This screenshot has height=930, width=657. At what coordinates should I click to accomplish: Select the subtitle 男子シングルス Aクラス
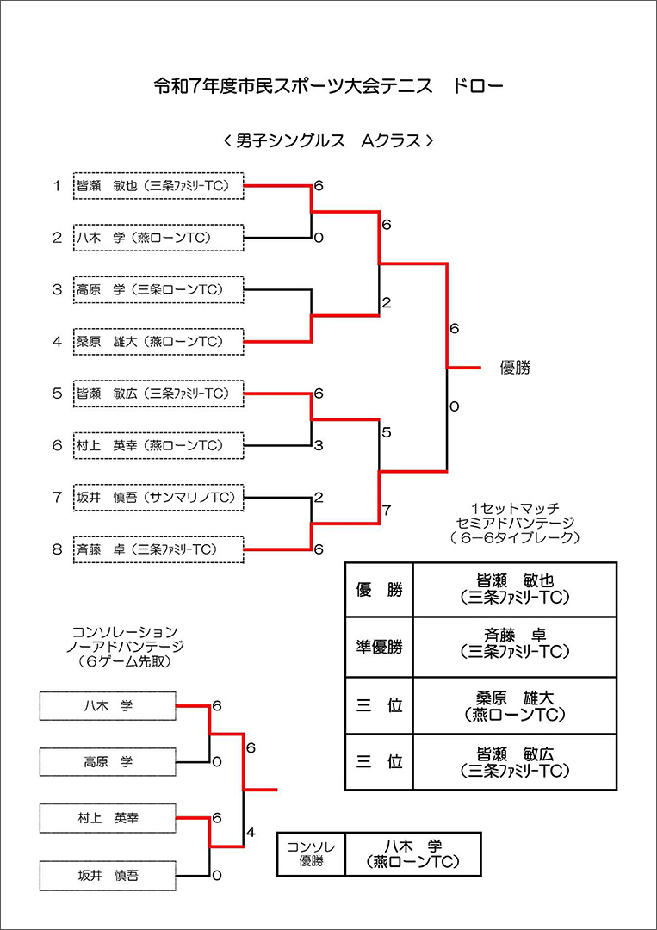click(x=327, y=140)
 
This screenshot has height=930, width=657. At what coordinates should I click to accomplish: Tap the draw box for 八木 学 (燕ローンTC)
click(x=158, y=238)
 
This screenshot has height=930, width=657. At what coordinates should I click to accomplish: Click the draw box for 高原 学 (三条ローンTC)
click(x=158, y=289)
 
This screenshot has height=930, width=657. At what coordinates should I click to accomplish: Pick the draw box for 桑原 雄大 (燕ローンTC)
click(x=158, y=342)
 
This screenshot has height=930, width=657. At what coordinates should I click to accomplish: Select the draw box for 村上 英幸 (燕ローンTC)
click(x=158, y=445)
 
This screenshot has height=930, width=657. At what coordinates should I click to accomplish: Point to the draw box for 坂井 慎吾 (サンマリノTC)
click(x=158, y=497)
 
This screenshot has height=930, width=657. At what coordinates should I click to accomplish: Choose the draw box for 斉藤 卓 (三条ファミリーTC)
click(x=158, y=549)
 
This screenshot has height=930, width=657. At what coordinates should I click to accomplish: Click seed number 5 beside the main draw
click(x=57, y=394)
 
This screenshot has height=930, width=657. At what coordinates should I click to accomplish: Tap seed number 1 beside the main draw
click(x=57, y=186)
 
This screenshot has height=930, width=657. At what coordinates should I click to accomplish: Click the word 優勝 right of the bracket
click(x=516, y=368)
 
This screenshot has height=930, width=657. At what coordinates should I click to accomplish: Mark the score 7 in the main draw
click(x=387, y=510)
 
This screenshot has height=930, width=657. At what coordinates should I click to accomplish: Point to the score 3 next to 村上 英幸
click(x=319, y=445)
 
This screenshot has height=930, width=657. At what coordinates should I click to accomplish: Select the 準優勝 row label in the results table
click(x=379, y=646)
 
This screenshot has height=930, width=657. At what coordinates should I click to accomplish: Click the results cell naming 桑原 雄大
click(x=515, y=704)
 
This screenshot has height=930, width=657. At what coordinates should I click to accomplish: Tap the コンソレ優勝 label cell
click(x=311, y=853)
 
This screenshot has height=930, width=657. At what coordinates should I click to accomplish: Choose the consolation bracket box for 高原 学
click(x=108, y=761)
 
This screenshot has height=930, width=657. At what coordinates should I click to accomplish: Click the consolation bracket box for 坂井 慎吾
click(x=108, y=875)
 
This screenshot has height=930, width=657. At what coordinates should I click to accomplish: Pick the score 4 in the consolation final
click(x=251, y=832)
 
